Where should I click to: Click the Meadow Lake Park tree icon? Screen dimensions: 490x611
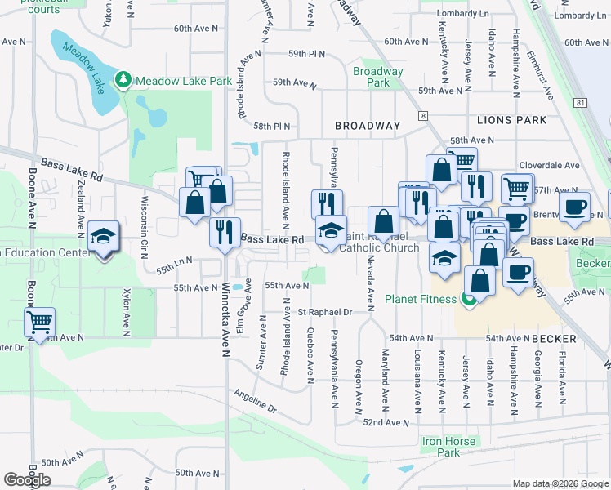pyautogui.click(x=123, y=80)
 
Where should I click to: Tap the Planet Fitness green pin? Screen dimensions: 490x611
pyautogui.click(x=469, y=300)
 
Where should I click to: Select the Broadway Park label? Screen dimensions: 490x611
pyautogui.click(x=378, y=77)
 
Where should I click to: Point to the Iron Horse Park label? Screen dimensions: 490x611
pyautogui.click(x=448, y=447)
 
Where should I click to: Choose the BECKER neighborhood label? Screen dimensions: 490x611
pyautogui.click(x=555, y=338)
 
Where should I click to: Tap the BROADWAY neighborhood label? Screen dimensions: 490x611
pyautogui.click(x=368, y=126)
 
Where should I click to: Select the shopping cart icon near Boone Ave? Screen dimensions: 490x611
pyautogui.click(x=39, y=322)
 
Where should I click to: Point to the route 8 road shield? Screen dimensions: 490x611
pyautogui.click(x=423, y=117)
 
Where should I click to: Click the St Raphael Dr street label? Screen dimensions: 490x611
pyautogui.click(x=324, y=312)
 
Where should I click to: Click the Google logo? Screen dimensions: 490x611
pyautogui.click(x=27, y=479)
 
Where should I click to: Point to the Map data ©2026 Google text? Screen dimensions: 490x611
pyautogui.click(x=560, y=483)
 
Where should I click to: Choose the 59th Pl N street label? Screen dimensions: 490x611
pyautogui.click(x=306, y=54)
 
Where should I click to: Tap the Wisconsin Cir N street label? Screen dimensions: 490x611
pyautogui.click(x=144, y=223)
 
